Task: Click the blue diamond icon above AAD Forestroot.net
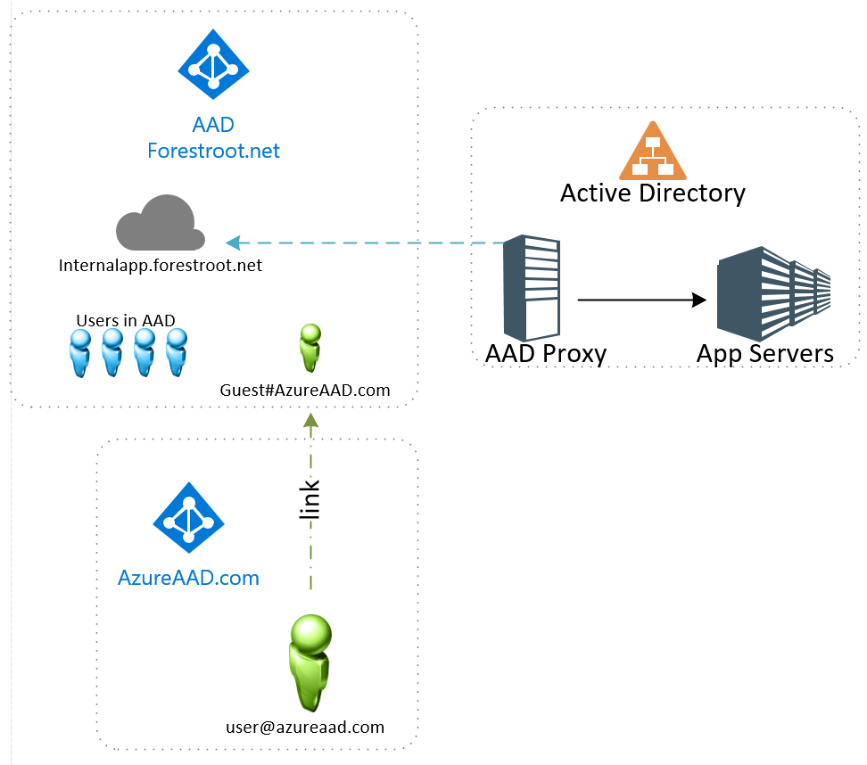coord(213,65)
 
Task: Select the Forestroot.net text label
coord(213,151)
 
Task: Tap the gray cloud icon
coord(161,222)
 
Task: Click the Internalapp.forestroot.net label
coord(161,266)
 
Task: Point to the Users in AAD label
coord(126,321)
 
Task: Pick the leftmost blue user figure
coord(80,353)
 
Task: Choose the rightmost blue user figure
coord(177,353)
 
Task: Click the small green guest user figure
coord(310,348)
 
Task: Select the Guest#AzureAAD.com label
coord(305,391)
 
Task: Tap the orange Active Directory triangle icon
coord(652,151)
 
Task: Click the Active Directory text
coord(652,193)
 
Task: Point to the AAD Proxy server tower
coord(532,288)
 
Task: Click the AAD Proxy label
coord(546,354)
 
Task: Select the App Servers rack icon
coord(773,293)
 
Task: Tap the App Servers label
coord(764,354)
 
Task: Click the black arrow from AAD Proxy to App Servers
coord(642,300)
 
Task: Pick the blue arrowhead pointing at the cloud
coord(233,243)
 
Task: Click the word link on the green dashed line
coord(310,499)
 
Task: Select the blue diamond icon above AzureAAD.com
coord(188,517)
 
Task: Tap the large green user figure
coord(310,662)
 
